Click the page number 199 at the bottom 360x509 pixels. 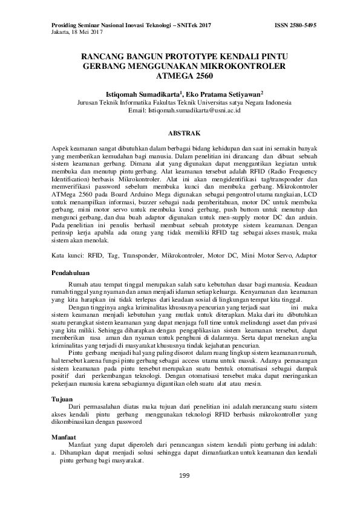pyautogui.click(x=185, y=476)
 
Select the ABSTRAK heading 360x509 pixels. pyautogui.click(x=180, y=132)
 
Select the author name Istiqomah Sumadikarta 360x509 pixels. pyautogui.click(x=143, y=95)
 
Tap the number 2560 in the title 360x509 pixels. pyautogui.click(x=201, y=77)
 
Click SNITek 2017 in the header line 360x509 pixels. pyautogui.click(x=194, y=26)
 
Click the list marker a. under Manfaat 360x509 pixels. pyautogui.click(x=54, y=453)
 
